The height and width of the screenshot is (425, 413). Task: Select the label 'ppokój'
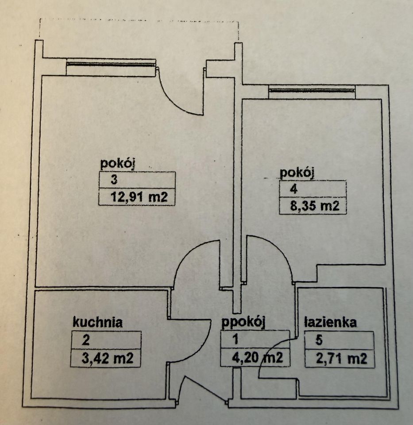pyautogui.click(x=243, y=323)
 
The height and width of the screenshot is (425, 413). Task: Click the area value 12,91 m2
pyautogui.click(x=139, y=197)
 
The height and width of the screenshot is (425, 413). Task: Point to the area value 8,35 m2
pyautogui.click(x=315, y=206)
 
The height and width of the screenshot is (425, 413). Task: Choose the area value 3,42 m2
pyautogui.click(x=107, y=358)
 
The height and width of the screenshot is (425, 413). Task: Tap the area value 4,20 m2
pyautogui.click(x=258, y=358)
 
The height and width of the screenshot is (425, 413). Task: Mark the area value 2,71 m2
pyautogui.click(x=341, y=358)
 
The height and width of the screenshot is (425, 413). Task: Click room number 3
pyautogui.click(x=114, y=180)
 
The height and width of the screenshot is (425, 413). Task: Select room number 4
pyautogui.click(x=293, y=189)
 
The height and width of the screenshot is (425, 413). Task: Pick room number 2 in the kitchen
pyautogui.click(x=85, y=340)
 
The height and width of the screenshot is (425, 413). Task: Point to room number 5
pyautogui.click(x=319, y=340)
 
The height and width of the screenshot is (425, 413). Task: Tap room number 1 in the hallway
pyautogui.click(x=236, y=340)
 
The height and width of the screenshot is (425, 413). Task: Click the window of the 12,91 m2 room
pyautogui.click(x=111, y=64)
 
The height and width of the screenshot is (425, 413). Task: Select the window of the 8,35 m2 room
pyautogui.click(x=312, y=90)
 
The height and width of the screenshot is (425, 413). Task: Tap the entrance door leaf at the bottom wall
pyautogui.click(x=205, y=388)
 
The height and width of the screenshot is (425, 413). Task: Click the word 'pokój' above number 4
pyautogui.click(x=297, y=173)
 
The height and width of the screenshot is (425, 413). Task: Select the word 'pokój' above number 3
pyautogui.click(x=118, y=164)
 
